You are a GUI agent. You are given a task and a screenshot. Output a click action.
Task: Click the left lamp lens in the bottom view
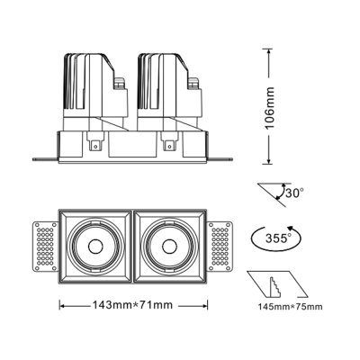click(94, 243)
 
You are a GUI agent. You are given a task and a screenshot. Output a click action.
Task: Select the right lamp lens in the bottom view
click(170, 243)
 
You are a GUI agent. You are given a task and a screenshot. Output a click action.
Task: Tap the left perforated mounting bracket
click(42, 243)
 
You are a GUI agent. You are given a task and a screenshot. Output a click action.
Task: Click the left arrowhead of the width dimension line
click(61, 304)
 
